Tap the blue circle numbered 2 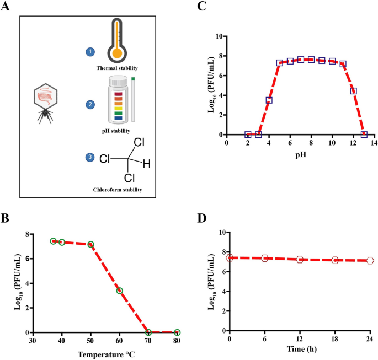(89, 104)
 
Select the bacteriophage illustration (45, 103)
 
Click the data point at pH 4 (269, 100)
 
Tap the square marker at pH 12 (353, 91)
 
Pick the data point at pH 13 (364, 135)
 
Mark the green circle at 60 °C (119, 291)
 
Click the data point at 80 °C (177, 332)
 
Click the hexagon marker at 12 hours (300, 259)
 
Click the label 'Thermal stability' (116, 68)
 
